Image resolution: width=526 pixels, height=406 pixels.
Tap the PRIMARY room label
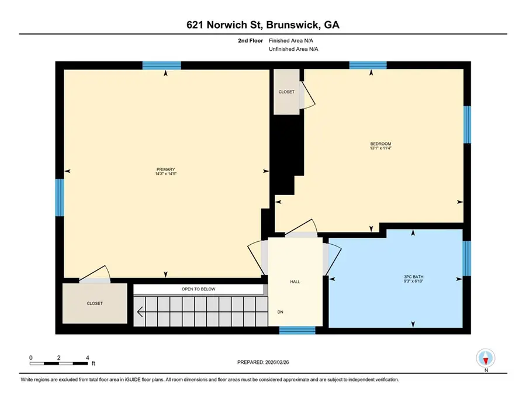click(x=165, y=169)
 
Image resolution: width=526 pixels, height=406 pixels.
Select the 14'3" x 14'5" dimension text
click(x=165, y=174)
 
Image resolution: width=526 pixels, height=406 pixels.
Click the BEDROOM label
click(x=380, y=144)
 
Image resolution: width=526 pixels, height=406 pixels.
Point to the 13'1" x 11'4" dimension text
click(x=380, y=148)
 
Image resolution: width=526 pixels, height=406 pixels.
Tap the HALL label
click(x=295, y=282)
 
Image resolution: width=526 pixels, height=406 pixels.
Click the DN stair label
click(x=281, y=311)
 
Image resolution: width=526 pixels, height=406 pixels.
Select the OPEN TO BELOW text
click(x=198, y=289)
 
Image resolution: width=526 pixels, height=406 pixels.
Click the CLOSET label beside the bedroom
click(x=286, y=92)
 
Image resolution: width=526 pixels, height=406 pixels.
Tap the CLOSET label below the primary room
click(x=95, y=303)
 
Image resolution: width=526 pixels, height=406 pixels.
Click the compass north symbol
click(x=486, y=358)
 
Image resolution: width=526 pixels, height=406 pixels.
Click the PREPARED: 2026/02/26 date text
click(x=262, y=362)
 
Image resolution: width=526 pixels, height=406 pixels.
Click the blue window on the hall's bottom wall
click(x=297, y=331)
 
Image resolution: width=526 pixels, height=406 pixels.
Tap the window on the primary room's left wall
click(x=59, y=197)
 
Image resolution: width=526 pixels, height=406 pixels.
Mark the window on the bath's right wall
click(x=466, y=258)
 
